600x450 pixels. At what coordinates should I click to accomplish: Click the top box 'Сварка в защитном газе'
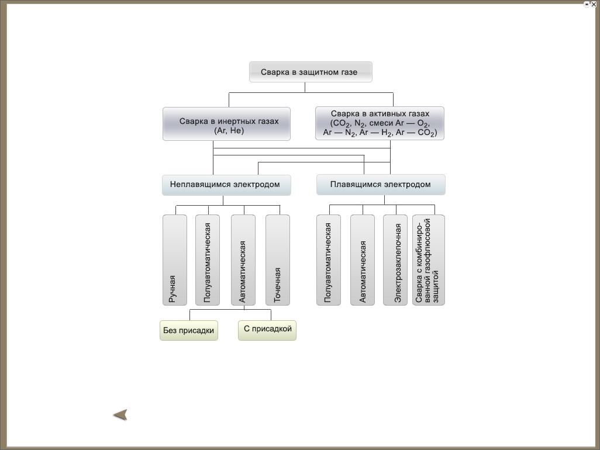click(x=311, y=72)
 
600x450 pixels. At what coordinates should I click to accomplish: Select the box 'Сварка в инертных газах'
click(x=226, y=124)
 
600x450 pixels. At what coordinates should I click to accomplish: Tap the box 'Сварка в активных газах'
click(x=380, y=123)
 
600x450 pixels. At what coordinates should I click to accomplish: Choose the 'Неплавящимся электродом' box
click(x=226, y=185)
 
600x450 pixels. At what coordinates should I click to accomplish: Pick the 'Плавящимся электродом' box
click(x=381, y=185)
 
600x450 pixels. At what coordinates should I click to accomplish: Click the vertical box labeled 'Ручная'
click(x=175, y=260)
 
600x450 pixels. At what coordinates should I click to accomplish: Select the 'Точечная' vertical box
click(x=277, y=260)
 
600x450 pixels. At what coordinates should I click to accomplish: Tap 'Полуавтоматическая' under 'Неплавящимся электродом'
click(x=208, y=260)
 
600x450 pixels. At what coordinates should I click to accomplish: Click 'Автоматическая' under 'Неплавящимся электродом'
click(x=243, y=260)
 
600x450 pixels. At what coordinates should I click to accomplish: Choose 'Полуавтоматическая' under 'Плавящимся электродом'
click(x=328, y=260)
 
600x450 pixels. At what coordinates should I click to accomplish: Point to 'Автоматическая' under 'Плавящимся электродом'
click(x=363, y=260)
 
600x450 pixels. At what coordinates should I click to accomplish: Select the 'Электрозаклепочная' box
click(x=395, y=260)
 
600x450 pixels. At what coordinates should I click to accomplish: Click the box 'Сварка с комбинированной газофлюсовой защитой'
click(x=429, y=260)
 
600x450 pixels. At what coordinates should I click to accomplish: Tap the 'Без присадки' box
click(x=189, y=330)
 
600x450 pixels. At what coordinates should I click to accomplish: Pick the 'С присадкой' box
click(x=267, y=330)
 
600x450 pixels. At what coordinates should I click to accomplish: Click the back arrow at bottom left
click(x=120, y=415)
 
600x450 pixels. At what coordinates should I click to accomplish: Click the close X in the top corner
click(x=594, y=4)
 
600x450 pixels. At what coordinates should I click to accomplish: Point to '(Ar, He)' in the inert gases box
click(x=229, y=131)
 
